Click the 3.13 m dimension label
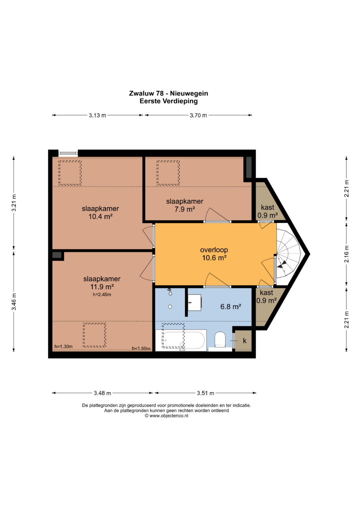(97, 115)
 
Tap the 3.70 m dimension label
(198, 115)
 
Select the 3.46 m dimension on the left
(14, 302)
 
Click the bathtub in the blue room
(181, 340)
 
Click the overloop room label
(214, 250)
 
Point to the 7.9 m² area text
(185, 209)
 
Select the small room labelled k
(243, 341)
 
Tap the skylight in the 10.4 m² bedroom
(70, 173)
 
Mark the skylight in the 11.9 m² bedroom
(94, 335)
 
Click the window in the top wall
(68, 153)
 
